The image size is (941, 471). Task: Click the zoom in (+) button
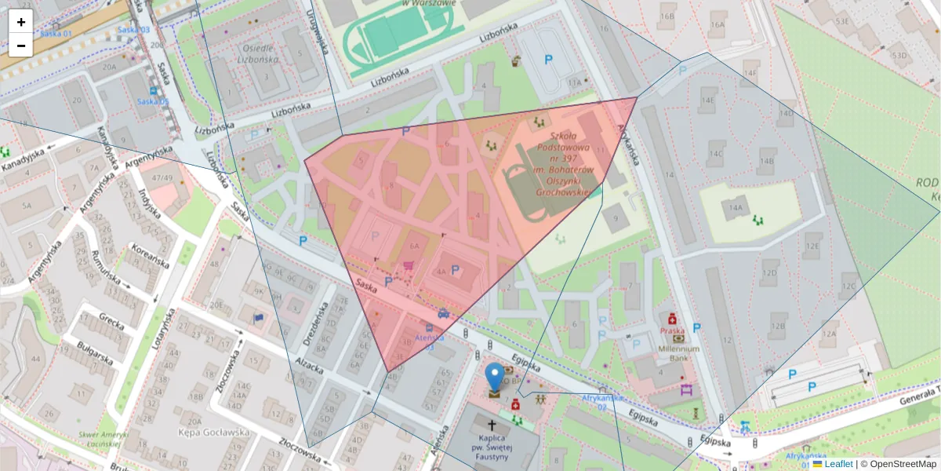pos(21,22)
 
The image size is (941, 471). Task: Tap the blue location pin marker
pos(494,378)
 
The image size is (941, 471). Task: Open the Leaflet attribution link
pos(837,464)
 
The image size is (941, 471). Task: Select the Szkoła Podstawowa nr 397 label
pos(565,163)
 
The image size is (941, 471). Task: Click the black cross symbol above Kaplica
pos(492,423)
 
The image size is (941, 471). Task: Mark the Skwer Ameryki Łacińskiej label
pos(99,439)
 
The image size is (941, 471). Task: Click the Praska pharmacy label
pos(672,331)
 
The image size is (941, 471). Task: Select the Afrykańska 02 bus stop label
pos(601,402)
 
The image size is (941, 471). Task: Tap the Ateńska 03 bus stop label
pos(429,341)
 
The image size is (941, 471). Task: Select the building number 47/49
pos(162,178)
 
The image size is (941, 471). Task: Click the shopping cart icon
pos(408,266)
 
